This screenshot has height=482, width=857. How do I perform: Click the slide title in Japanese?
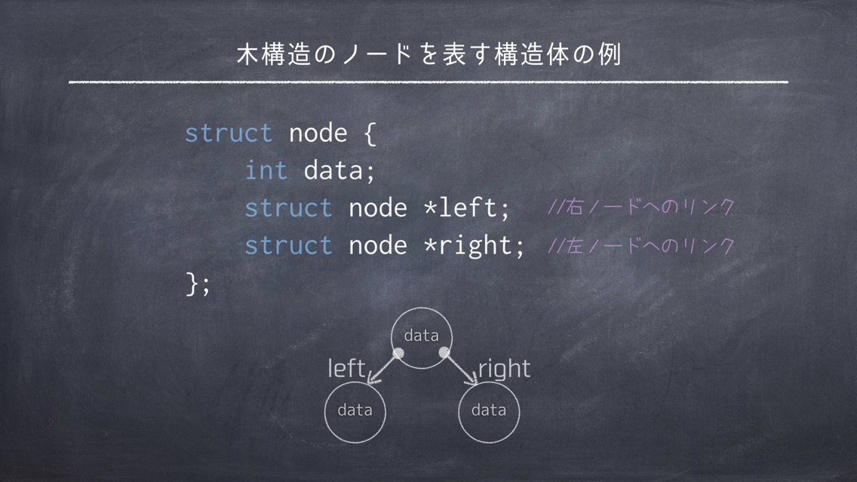(x=429, y=54)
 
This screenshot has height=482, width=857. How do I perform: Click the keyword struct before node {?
(x=229, y=133)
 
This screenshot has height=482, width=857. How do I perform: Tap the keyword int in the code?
(x=266, y=170)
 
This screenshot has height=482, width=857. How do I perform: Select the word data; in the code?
(x=339, y=170)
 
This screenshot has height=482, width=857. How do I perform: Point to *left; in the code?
(x=466, y=207)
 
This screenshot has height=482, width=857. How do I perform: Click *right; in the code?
(x=474, y=245)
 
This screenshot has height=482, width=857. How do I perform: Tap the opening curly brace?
(x=370, y=134)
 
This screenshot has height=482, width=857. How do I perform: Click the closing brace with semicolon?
(x=198, y=284)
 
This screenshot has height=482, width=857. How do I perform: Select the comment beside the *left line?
(x=641, y=207)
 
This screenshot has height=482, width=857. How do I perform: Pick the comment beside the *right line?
(x=641, y=245)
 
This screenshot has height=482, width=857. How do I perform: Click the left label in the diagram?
(x=346, y=368)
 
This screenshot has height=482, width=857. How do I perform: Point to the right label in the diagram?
(x=504, y=369)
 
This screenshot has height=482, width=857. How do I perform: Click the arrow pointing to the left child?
(x=384, y=367)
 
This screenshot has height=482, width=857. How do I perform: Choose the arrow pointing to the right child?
(x=459, y=368)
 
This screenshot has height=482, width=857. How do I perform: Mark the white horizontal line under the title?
(x=428, y=82)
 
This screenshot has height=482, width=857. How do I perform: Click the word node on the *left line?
(x=378, y=207)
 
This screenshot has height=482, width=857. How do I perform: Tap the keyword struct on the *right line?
(x=288, y=245)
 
